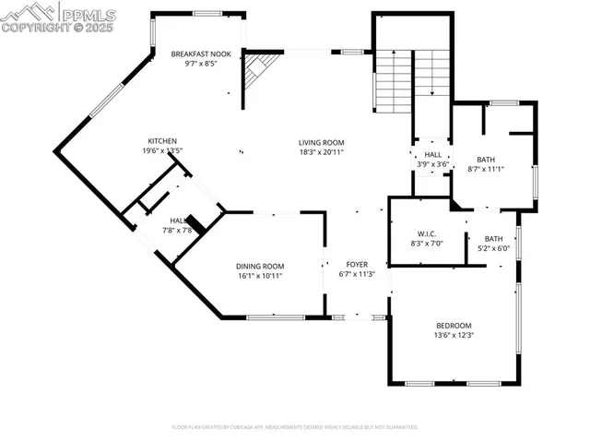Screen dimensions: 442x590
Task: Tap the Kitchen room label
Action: (x=162, y=141)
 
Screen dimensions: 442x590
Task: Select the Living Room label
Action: (x=321, y=142)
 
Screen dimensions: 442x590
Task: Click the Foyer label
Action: (x=357, y=265)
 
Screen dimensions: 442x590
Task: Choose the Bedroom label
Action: (x=454, y=326)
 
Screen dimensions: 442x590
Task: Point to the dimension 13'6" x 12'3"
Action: (x=454, y=335)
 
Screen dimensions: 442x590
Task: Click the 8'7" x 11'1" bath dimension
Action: (x=486, y=169)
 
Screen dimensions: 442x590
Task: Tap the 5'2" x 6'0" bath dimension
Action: (x=494, y=248)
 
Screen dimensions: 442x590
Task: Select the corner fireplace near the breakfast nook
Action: (x=258, y=72)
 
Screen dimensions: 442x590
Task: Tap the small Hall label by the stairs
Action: (x=432, y=155)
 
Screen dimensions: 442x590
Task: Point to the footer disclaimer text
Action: (x=295, y=427)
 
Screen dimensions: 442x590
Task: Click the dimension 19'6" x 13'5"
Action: (x=162, y=150)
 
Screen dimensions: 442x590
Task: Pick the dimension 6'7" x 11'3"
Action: (x=357, y=274)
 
